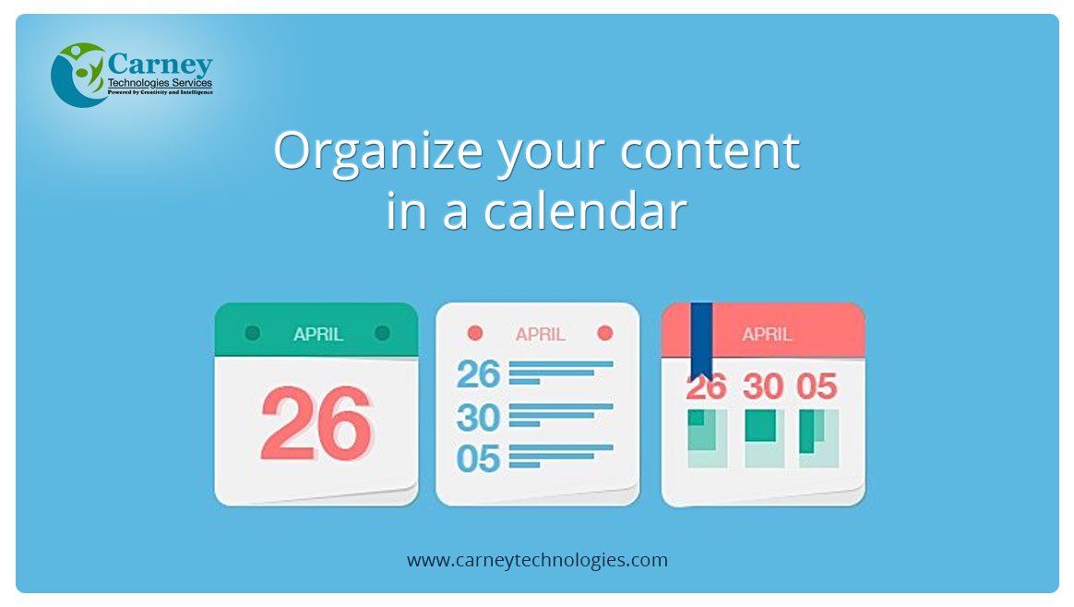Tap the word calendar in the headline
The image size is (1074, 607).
[x=585, y=209]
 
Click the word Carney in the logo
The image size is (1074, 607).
[x=161, y=65]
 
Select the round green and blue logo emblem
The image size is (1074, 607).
[x=78, y=75]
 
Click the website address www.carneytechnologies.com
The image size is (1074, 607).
[x=537, y=560]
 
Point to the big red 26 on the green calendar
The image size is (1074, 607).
[x=316, y=423]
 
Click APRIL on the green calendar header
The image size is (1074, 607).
[x=318, y=334]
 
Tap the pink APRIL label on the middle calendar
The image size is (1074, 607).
[x=541, y=334]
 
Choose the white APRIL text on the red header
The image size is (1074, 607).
[x=767, y=334]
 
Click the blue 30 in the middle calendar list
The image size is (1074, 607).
[x=478, y=417]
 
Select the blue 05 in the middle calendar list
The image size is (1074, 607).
[x=478, y=458]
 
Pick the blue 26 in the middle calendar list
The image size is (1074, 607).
[x=478, y=374]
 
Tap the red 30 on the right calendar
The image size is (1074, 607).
[x=763, y=387]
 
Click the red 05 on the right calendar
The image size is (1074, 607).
[x=817, y=387]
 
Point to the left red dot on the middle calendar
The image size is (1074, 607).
[x=474, y=333]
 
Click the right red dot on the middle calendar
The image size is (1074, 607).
[x=604, y=333]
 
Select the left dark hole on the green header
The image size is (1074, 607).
[x=253, y=333]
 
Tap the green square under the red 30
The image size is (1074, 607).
[x=760, y=425]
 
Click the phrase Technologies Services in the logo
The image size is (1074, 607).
[x=161, y=83]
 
